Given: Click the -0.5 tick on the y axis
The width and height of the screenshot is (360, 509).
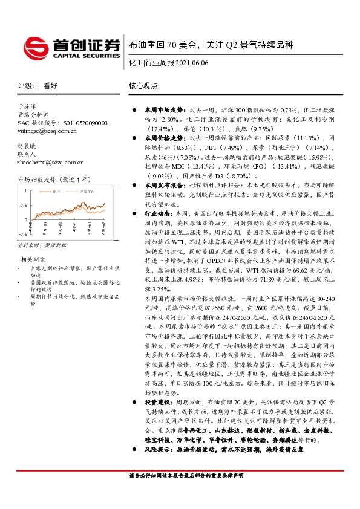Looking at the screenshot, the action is tap(22, 232).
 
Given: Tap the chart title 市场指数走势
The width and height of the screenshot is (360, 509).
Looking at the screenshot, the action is tap(37, 180).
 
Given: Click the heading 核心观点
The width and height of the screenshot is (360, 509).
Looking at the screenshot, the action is tap(144, 86).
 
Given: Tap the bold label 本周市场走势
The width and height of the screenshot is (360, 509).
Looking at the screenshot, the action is tap(160, 111).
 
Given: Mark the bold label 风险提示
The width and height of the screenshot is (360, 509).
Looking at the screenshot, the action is tap(155, 450).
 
